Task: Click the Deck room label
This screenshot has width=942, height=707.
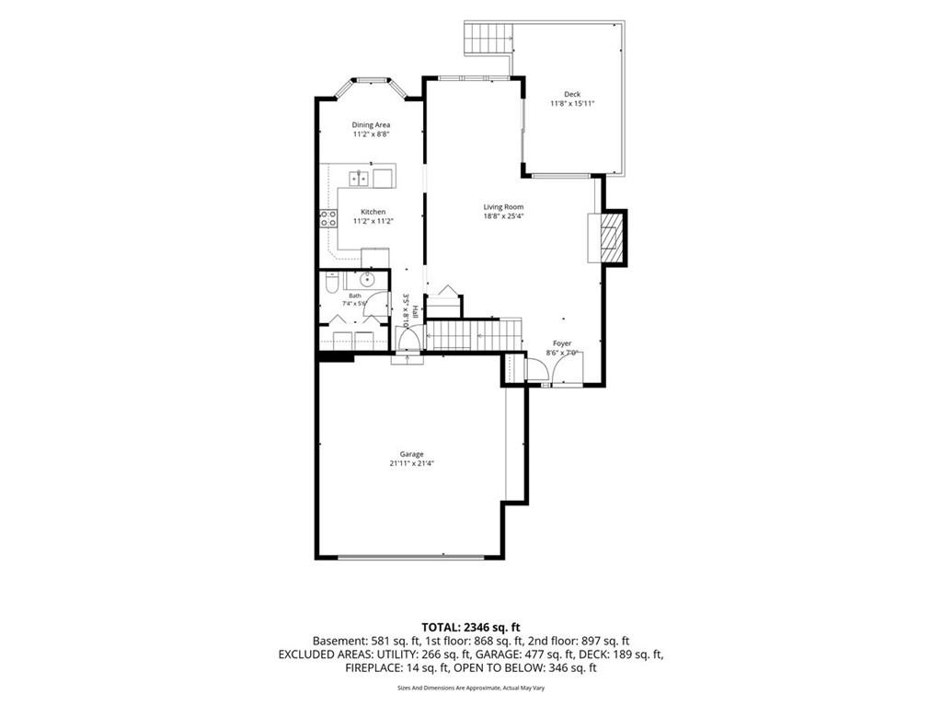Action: tap(572, 94)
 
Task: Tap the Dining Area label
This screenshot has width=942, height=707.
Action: tap(371, 125)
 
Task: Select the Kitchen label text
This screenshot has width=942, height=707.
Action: tap(373, 212)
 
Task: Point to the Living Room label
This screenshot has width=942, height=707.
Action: tap(503, 207)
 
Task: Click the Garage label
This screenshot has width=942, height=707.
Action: tap(411, 454)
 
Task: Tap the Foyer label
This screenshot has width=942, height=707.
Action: tap(562, 343)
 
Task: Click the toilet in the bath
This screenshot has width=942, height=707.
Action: tap(330, 284)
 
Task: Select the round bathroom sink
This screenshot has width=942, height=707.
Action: tap(366, 280)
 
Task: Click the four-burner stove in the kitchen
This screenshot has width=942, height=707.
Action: tap(328, 218)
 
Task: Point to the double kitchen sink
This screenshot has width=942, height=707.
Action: tap(360, 179)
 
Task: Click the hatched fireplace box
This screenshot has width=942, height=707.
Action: tap(612, 238)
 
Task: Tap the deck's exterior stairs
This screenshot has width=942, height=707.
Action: tap(488, 37)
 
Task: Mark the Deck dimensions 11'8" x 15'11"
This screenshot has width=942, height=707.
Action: tap(572, 103)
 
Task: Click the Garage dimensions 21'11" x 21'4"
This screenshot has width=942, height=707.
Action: tap(411, 464)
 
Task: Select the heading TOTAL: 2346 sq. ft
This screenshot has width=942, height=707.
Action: tap(471, 628)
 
